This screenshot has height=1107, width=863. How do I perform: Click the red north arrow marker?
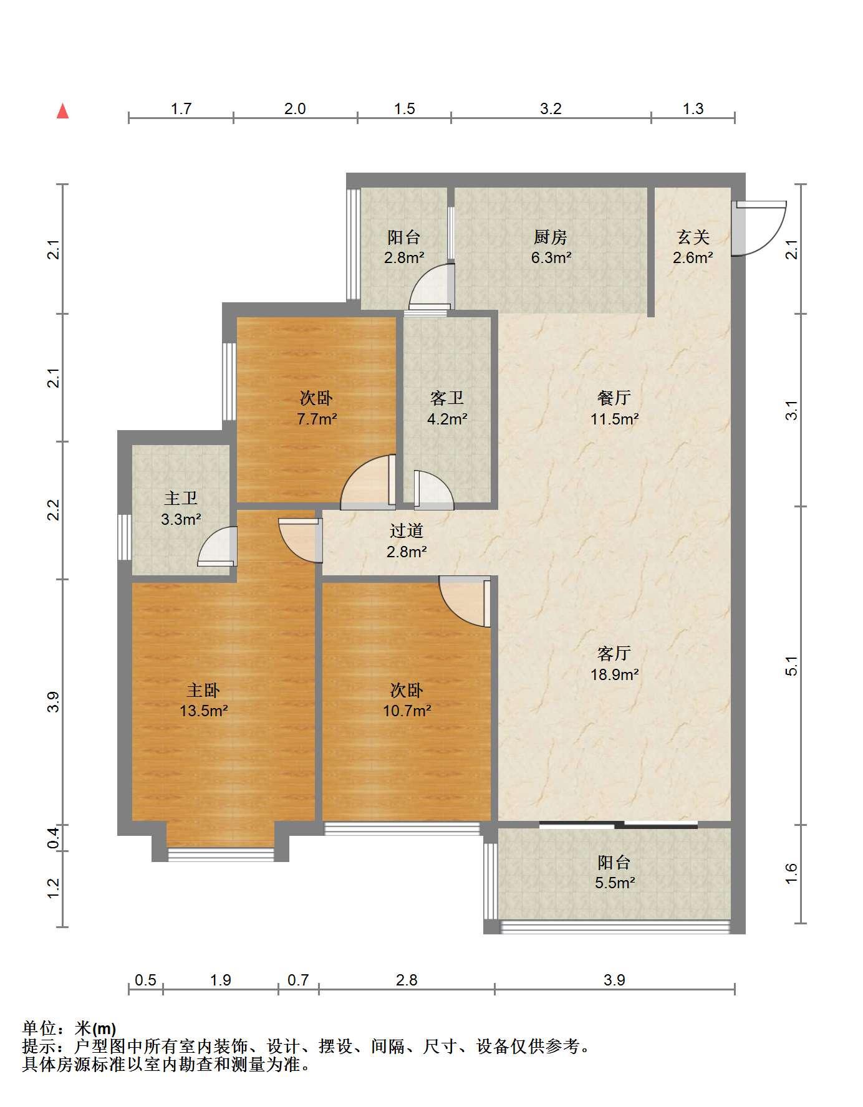(62, 111)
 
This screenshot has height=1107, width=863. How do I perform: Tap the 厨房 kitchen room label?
(551, 237)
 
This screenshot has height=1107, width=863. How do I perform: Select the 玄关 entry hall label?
(693, 237)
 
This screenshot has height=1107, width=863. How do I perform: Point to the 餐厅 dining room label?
(614, 397)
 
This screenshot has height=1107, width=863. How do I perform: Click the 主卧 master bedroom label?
(203, 690)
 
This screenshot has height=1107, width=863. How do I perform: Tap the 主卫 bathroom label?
(181, 498)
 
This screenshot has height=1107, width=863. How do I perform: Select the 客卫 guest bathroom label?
(447, 397)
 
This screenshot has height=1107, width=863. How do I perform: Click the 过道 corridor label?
(407, 530)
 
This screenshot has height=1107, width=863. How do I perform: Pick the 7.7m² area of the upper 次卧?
(317, 419)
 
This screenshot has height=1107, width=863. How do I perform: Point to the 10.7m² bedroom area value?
(407, 710)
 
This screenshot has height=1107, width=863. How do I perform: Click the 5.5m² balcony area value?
(615, 882)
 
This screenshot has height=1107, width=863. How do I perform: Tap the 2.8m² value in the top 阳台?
(404, 257)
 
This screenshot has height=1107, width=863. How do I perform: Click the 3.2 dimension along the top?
(551, 108)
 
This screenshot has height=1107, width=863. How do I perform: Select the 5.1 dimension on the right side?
(791, 666)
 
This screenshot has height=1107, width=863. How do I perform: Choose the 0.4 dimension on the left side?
(54, 837)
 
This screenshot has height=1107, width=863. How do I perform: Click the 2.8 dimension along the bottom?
(407, 980)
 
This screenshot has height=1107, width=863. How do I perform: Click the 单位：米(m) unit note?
(69, 1028)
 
